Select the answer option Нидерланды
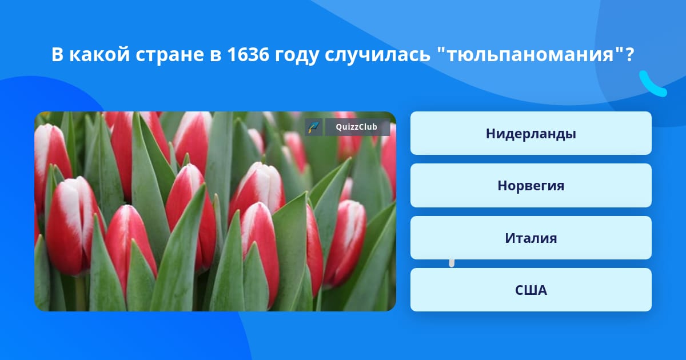click(x=531, y=133)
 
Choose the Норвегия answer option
click(x=531, y=186)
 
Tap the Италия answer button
click(x=531, y=238)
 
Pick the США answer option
click(x=531, y=290)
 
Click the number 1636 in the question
click(x=248, y=54)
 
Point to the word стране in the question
click(x=170, y=55)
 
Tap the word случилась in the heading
click(x=377, y=55)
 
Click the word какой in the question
click(x=100, y=54)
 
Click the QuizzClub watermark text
click(x=357, y=127)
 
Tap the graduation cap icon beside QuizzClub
click(x=313, y=127)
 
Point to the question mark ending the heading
click(x=629, y=54)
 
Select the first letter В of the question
click(x=58, y=54)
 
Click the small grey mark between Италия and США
click(x=452, y=263)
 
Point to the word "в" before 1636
click(x=216, y=56)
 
